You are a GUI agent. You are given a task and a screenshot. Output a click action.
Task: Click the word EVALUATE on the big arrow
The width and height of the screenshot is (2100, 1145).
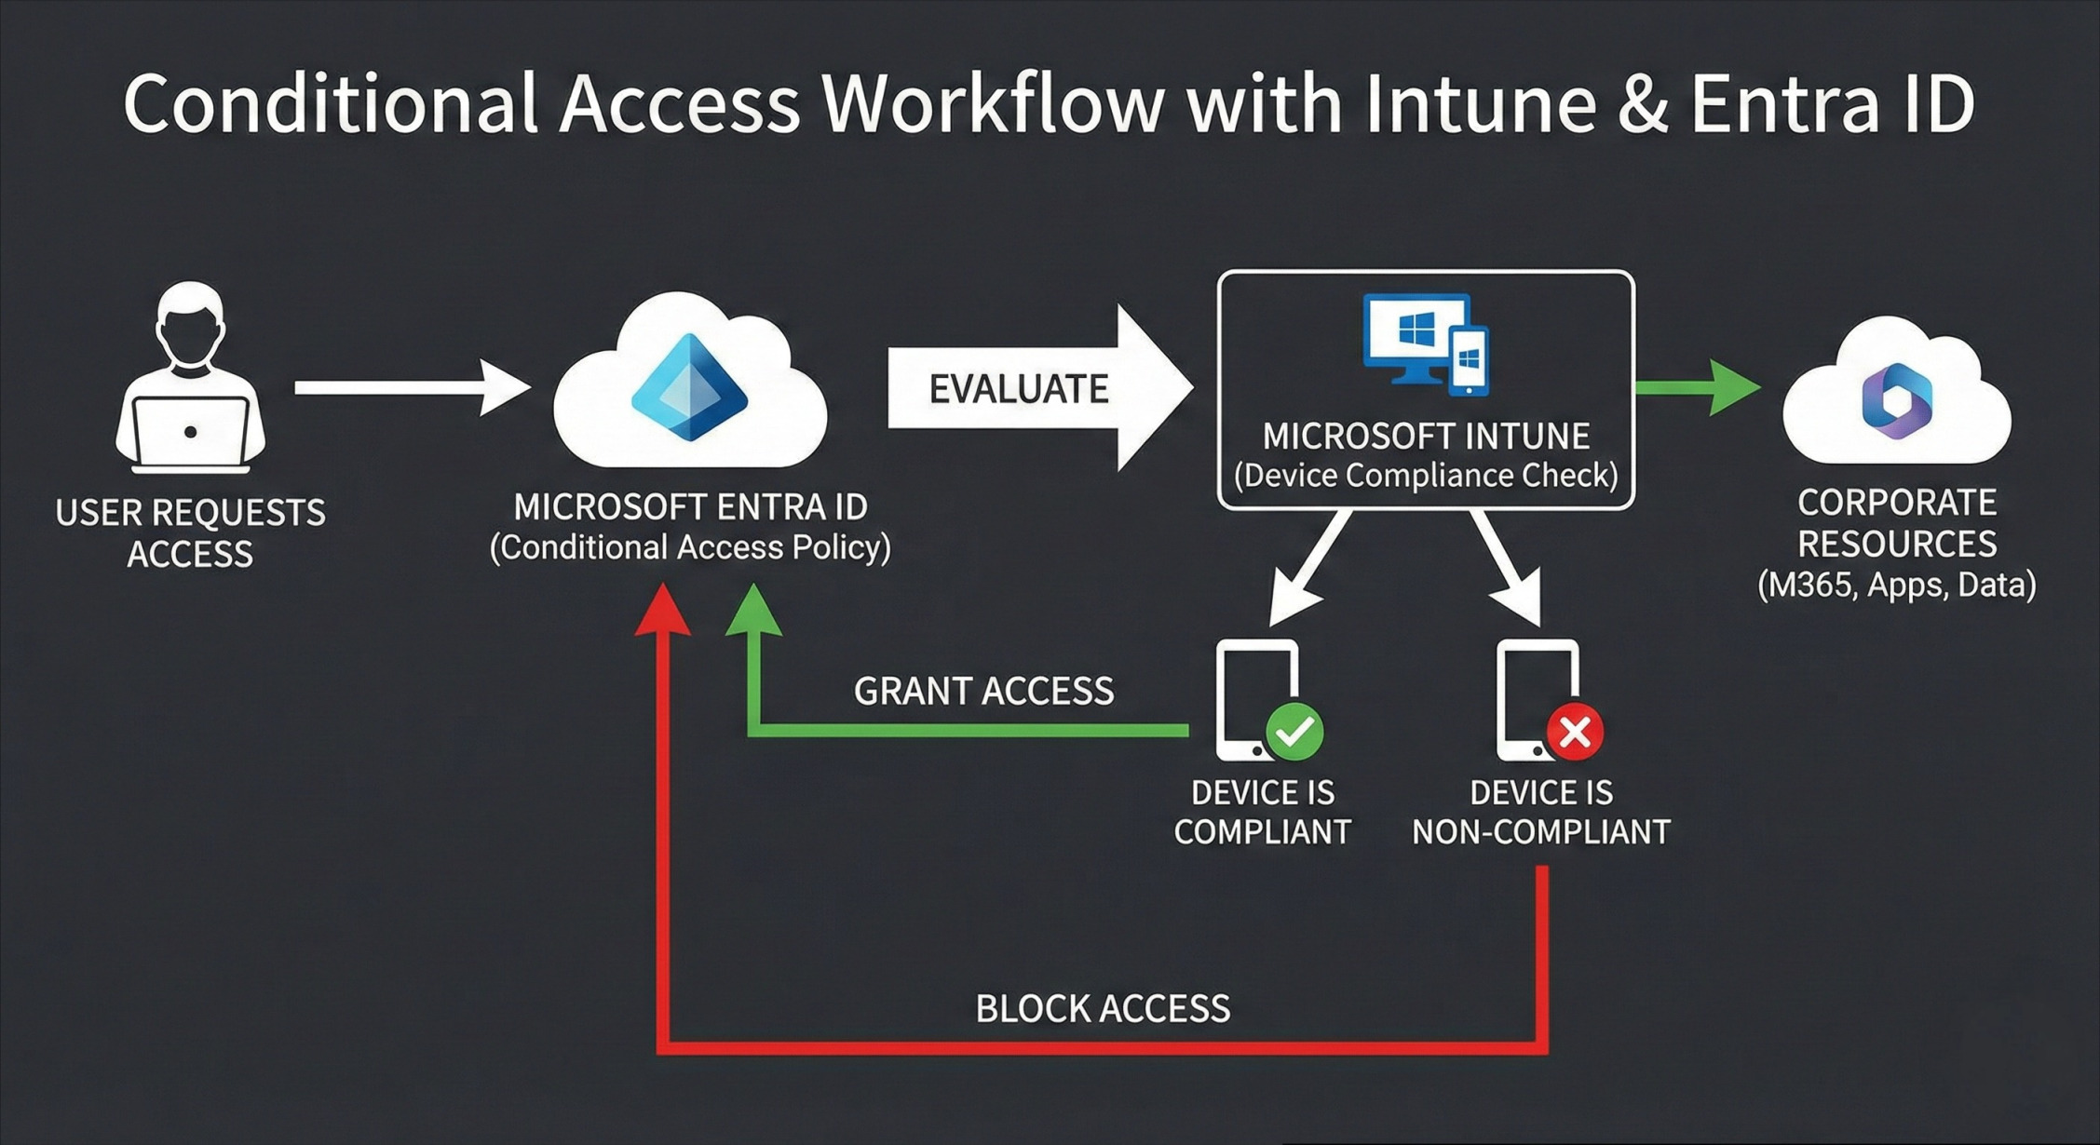(x=1019, y=389)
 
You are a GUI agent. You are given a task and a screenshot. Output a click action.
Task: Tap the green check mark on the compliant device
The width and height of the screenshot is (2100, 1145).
(x=1294, y=732)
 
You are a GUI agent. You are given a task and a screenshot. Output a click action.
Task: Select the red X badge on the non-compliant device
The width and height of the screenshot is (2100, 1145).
(x=1575, y=732)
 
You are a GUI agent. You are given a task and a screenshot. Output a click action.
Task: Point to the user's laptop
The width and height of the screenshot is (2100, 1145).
(x=191, y=434)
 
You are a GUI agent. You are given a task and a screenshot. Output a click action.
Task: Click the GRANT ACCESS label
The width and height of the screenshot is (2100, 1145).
(x=983, y=692)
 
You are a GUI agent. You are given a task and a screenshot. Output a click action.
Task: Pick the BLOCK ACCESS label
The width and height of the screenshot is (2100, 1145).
(x=1103, y=1009)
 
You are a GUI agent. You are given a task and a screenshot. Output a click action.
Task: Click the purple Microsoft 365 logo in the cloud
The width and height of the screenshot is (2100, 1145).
(x=1896, y=401)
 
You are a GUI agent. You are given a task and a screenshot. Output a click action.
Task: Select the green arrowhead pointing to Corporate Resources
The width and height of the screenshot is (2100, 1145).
(x=1734, y=387)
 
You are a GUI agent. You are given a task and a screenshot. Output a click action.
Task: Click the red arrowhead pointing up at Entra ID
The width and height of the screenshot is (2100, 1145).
(x=662, y=611)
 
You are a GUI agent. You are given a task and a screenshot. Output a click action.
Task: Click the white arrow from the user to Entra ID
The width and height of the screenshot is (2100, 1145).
(x=410, y=387)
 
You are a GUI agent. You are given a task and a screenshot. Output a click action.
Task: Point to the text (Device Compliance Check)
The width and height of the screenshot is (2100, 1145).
(x=1426, y=476)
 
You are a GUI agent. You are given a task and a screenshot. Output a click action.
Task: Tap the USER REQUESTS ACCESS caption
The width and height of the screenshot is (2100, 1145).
(x=191, y=532)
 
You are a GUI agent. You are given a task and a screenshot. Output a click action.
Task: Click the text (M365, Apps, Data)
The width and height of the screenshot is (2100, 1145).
(x=1897, y=585)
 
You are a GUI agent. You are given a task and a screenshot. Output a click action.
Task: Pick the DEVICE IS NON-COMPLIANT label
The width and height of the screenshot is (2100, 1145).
(x=1541, y=812)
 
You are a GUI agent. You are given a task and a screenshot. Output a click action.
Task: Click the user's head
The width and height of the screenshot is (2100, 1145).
(x=191, y=326)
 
